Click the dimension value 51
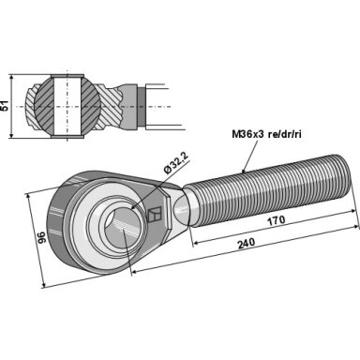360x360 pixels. [5, 106]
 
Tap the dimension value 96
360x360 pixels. [41, 237]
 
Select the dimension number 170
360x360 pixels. [277, 220]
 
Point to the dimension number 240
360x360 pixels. [247, 243]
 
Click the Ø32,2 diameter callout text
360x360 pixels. [176, 162]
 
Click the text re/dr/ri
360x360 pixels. [284, 134]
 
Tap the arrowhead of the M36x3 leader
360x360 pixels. [244, 170]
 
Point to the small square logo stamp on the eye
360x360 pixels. [154, 215]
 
